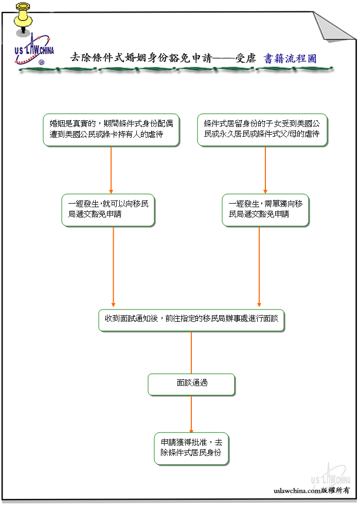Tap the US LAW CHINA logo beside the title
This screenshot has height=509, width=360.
(x=34, y=50)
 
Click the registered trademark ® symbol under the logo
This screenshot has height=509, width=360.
(x=41, y=62)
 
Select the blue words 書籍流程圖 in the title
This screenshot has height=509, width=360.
(x=290, y=59)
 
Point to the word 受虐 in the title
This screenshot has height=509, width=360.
(x=245, y=58)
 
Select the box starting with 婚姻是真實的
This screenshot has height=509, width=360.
(x=111, y=130)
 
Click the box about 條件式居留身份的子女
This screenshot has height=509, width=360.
(x=262, y=130)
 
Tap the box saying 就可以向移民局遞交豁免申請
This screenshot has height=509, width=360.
(x=108, y=210)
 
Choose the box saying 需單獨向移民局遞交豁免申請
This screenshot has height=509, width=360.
(x=265, y=210)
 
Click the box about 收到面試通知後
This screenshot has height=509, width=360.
(x=191, y=320)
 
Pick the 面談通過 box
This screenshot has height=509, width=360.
(x=191, y=385)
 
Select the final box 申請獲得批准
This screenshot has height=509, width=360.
(x=191, y=449)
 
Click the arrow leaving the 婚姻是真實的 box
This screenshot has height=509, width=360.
(x=111, y=170)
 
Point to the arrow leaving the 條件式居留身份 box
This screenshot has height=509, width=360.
(x=265, y=170)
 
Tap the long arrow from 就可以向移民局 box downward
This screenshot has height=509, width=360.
(x=113, y=267)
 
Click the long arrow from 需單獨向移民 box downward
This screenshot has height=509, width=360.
(x=259, y=267)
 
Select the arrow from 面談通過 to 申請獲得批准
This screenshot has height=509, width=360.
(x=191, y=414)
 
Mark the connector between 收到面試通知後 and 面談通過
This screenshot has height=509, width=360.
(x=191, y=353)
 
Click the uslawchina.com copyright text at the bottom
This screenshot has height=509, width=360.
(x=311, y=490)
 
